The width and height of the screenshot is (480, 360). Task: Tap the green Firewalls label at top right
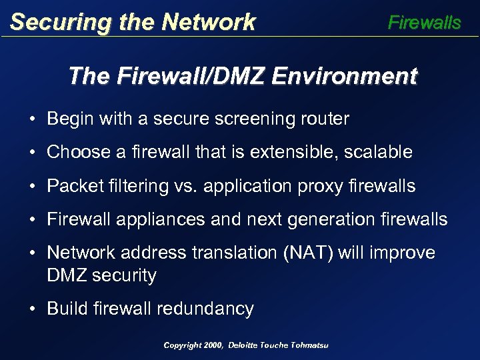point(424,23)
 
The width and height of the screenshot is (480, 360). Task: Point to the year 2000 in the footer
point(213,345)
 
